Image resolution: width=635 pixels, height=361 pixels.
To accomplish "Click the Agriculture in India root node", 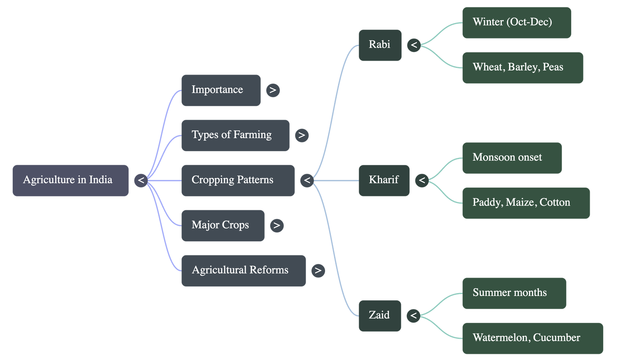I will (x=70, y=180).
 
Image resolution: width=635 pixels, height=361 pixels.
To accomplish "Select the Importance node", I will (x=221, y=90).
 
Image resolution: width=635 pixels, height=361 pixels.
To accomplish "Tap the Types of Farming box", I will (x=235, y=135).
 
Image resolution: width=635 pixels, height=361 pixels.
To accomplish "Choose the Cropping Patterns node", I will (x=238, y=180).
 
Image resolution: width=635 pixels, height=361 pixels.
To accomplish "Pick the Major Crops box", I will (x=223, y=225).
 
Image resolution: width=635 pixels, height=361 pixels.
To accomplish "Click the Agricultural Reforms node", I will (x=243, y=271).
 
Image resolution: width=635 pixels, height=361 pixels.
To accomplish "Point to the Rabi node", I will (x=379, y=45).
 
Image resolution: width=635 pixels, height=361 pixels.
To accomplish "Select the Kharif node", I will (x=384, y=180).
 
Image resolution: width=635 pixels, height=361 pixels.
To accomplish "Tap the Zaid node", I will (x=379, y=315).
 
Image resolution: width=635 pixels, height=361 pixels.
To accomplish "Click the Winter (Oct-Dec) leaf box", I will (x=516, y=22).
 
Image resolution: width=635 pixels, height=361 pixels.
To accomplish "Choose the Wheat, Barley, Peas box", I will (x=522, y=67).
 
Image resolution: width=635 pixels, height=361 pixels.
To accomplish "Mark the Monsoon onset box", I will (x=512, y=157).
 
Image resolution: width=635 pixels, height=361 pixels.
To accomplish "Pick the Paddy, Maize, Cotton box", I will (x=525, y=203).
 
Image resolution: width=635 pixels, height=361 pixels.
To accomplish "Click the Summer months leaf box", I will (x=514, y=293).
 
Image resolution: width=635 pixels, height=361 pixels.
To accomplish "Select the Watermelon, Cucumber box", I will (x=532, y=338).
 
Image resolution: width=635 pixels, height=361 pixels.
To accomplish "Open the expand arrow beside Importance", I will (x=273, y=90).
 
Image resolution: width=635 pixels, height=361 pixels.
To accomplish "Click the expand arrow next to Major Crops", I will (x=277, y=225).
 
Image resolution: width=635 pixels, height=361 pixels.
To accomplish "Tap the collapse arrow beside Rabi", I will (x=414, y=45).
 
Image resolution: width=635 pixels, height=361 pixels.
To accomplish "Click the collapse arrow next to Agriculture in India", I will (x=141, y=180).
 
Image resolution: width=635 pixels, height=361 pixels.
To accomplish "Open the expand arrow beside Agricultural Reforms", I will (x=318, y=271).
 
